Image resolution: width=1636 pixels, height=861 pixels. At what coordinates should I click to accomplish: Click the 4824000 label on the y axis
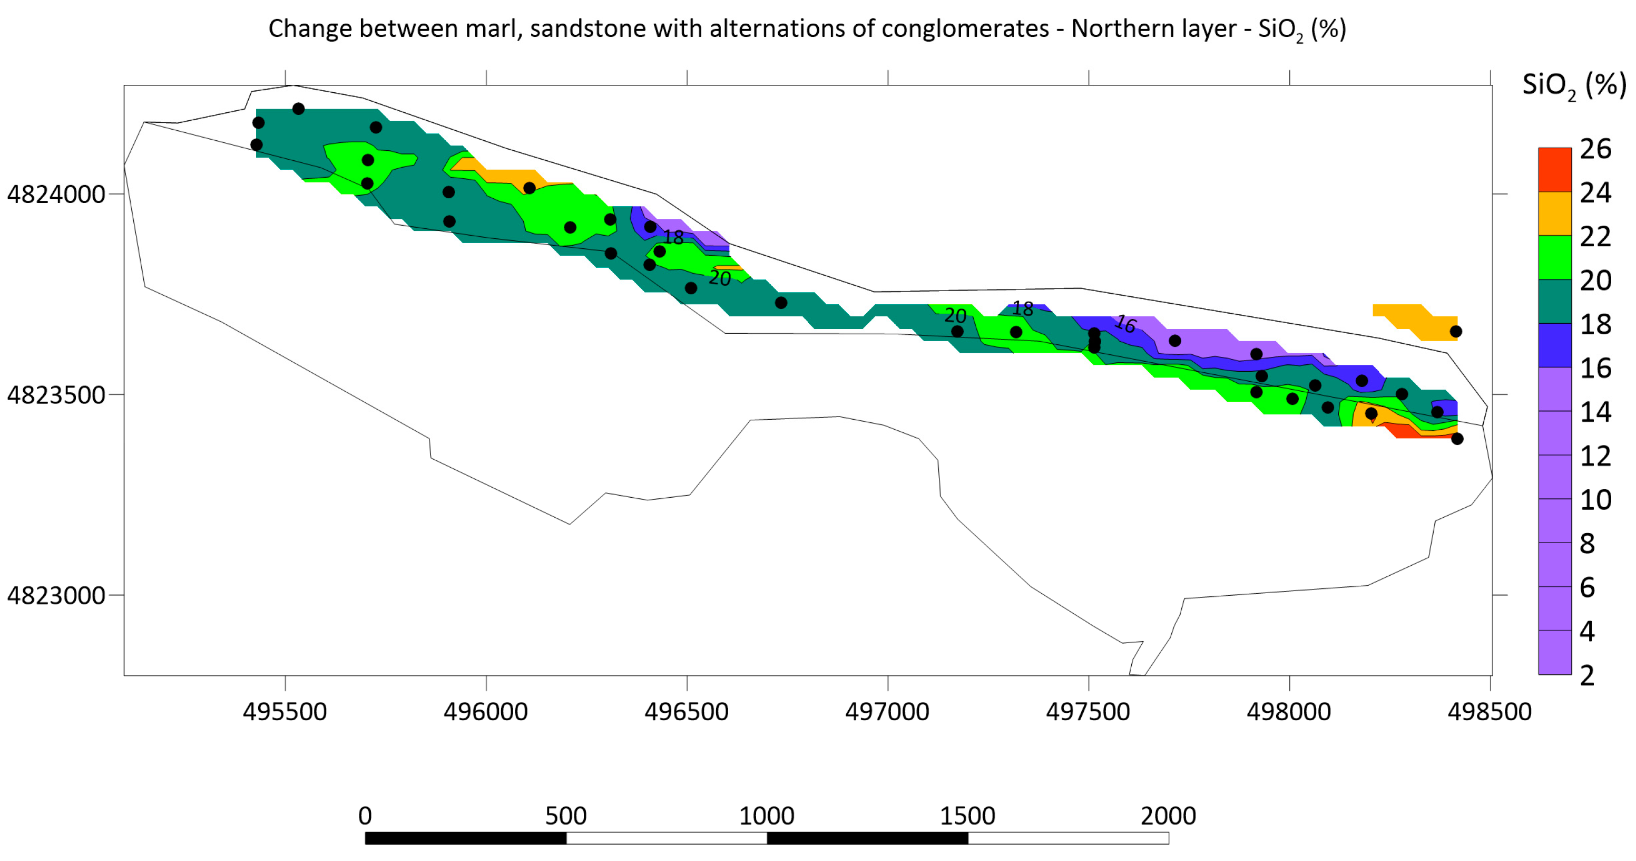click(56, 195)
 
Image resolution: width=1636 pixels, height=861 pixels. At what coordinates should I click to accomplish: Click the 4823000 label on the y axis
click(56, 596)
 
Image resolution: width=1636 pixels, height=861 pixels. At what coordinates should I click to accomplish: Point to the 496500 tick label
click(687, 712)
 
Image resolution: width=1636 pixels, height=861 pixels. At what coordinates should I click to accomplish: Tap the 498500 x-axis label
click(1490, 712)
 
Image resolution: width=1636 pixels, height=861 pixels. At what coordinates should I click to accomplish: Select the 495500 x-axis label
click(285, 712)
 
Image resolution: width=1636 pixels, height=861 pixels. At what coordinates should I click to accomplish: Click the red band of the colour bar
click(1555, 170)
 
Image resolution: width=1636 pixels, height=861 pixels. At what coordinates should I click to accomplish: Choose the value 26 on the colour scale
click(1595, 149)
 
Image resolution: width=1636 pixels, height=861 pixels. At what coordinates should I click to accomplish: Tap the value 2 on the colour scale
click(1587, 675)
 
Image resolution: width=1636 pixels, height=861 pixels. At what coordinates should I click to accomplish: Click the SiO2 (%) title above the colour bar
click(1574, 85)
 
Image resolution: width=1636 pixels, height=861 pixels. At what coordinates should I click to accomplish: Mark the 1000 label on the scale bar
click(767, 816)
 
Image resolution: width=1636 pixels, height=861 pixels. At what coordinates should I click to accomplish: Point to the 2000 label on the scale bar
click(1168, 816)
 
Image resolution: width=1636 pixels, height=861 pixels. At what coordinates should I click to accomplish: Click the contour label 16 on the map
click(1125, 324)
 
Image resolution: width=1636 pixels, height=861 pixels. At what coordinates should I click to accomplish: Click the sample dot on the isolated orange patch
click(1456, 332)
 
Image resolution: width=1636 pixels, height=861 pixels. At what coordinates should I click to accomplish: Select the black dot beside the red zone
click(1457, 439)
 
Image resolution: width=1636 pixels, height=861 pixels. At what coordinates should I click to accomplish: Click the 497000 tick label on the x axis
click(887, 712)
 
